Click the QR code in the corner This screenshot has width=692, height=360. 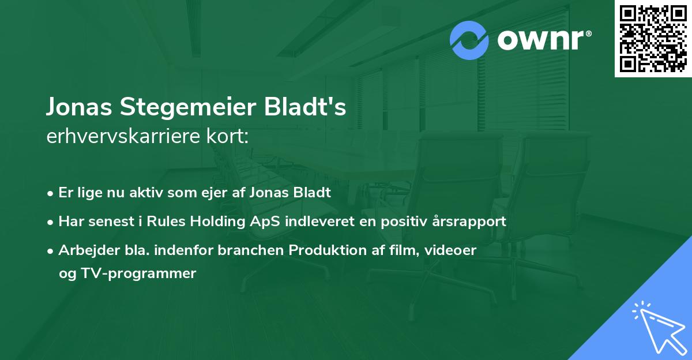click(653, 38)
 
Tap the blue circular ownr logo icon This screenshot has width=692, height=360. click(469, 40)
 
